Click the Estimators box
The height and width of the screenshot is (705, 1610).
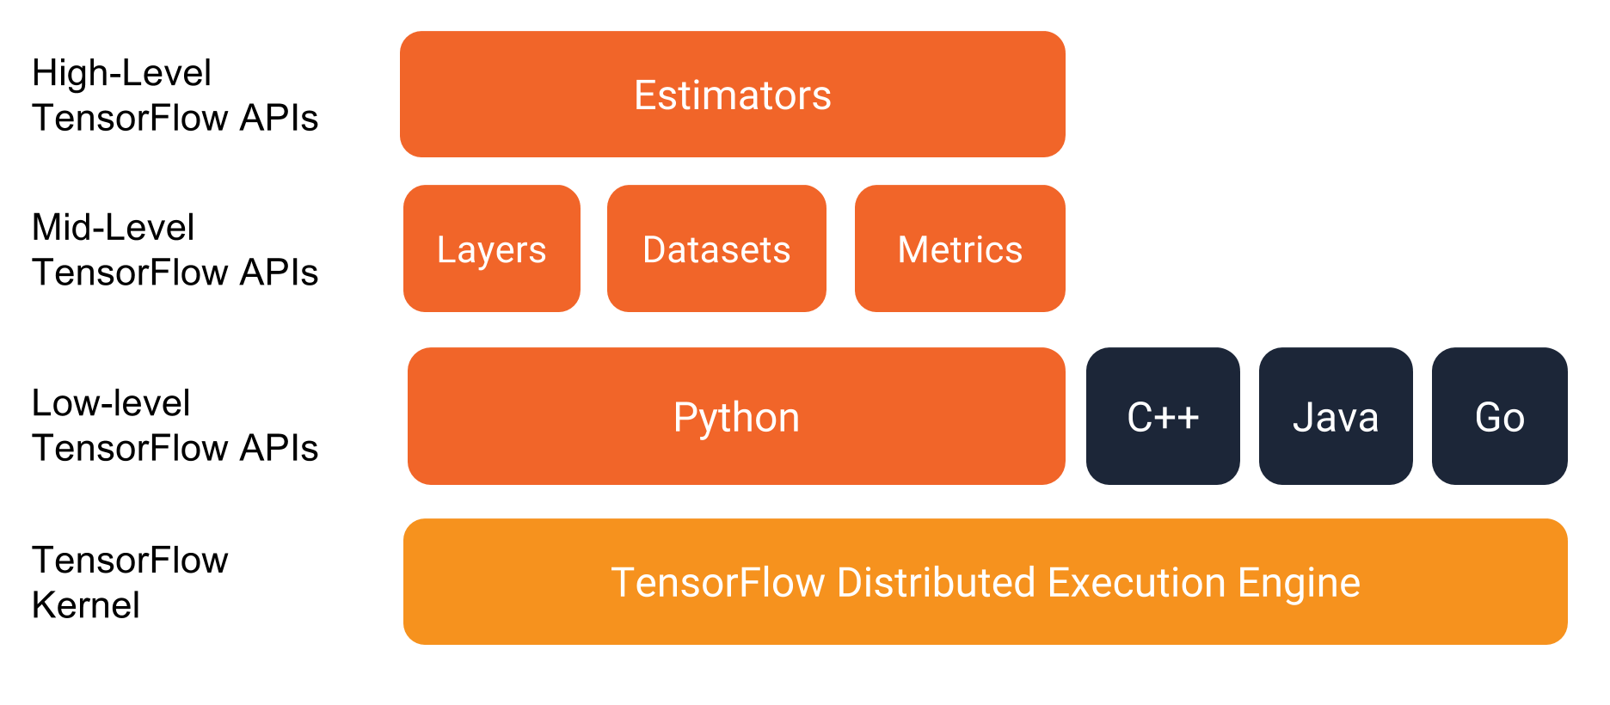[x=732, y=95]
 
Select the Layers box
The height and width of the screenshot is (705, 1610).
[x=491, y=249]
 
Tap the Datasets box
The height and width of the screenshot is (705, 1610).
[x=716, y=249]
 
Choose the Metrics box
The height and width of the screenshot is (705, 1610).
[x=960, y=249]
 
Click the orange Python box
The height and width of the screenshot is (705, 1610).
[x=736, y=417]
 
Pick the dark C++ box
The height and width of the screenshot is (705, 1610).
[x=1163, y=417]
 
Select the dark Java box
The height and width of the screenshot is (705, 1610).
[x=1336, y=417]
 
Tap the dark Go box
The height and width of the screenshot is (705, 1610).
[x=1499, y=417]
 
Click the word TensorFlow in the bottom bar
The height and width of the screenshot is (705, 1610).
[x=717, y=582]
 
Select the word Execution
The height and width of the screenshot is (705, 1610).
[x=1136, y=582]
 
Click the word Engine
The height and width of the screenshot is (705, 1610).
[x=1299, y=584]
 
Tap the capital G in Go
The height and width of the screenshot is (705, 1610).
[x=1488, y=417]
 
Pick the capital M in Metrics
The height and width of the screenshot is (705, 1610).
[x=913, y=249]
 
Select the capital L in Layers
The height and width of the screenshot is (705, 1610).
[x=445, y=249]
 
